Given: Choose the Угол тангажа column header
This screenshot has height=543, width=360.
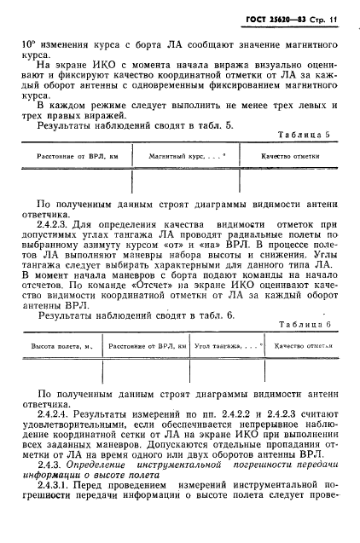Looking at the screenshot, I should point(218,347).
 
